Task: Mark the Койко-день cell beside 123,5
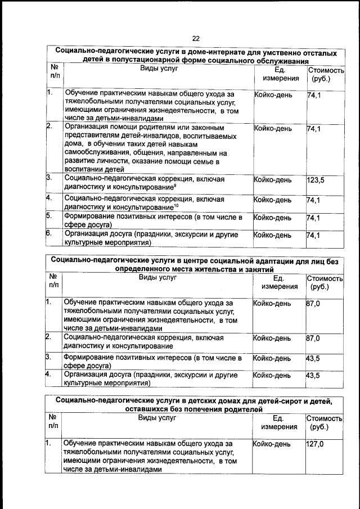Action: click(273, 180)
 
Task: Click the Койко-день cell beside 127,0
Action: click(272, 444)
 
